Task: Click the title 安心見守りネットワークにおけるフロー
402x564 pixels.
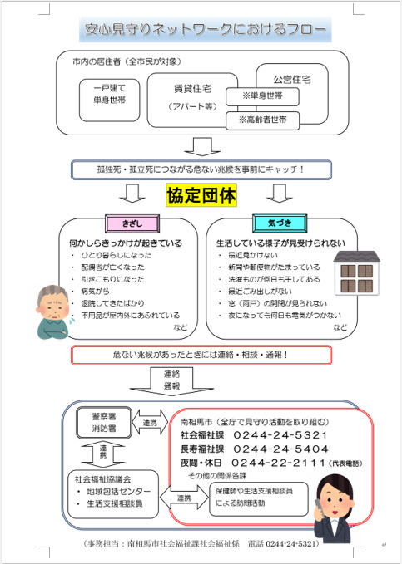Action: coord(201,32)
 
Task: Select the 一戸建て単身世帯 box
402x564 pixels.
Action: coord(110,93)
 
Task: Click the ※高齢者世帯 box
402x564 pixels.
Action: coord(263,120)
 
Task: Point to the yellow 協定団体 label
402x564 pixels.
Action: coord(201,195)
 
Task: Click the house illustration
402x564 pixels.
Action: coord(356,270)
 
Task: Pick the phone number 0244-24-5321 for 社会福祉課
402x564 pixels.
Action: coord(275,434)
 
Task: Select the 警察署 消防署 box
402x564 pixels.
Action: coord(102,422)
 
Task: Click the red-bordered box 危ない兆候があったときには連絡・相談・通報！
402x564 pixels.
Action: coord(201,355)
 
